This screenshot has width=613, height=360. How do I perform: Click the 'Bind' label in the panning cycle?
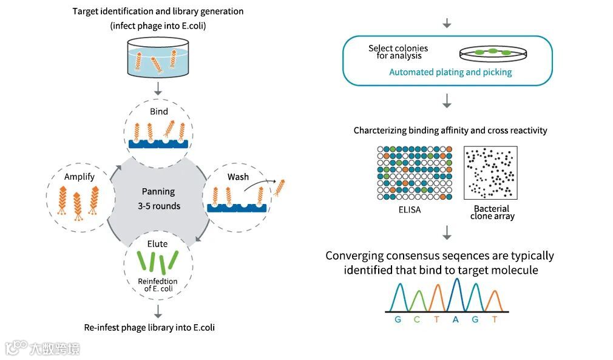158,112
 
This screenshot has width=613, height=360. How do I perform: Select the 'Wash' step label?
238,177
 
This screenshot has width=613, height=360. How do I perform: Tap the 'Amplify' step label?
80,177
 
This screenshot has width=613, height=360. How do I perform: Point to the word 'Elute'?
158,244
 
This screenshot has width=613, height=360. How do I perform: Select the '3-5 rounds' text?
158,206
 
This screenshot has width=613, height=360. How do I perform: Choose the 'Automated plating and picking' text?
450,72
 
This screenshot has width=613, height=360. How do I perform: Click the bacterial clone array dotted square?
490,173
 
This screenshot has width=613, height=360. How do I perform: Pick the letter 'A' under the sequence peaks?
455,319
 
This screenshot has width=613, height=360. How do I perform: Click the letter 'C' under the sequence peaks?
417,319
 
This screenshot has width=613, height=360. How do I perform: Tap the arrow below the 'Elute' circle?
158,311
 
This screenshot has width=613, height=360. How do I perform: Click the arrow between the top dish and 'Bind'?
158,88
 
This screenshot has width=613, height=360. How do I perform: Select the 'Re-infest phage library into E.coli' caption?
149,327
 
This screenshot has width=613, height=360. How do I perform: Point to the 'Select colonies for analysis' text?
398,52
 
